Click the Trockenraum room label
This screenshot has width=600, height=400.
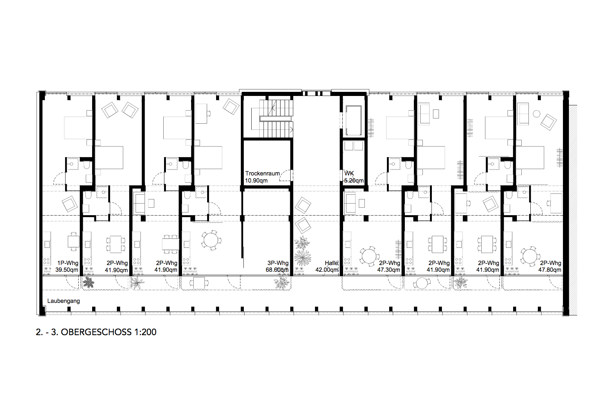pyautogui.click(x=263, y=174)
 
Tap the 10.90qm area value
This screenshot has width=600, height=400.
pyautogui.click(x=256, y=181)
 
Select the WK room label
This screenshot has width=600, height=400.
pyautogui.click(x=349, y=174)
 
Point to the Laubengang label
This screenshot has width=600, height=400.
pyautogui.click(x=63, y=301)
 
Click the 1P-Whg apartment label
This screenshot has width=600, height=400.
pyautogui.click(x=68, y=263)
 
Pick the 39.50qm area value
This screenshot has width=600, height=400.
pyautogui.click(x=67, y=270)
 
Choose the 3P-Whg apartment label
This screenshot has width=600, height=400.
pyautogui.click(x=278, y=263)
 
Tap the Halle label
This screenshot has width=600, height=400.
pyautogui.click(x=331, y=263)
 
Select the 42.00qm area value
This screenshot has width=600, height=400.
pyautogui.click(x=327, y=270)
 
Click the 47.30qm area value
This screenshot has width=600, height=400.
pyautogui.click(x=389, y=270)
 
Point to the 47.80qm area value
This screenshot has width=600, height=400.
pyautogui.click(x=550, y=270)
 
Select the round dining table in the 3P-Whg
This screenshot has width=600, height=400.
pyautogui.click(x=211, y=240)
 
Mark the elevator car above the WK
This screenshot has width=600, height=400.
pyautogui.click(x=354, y=120)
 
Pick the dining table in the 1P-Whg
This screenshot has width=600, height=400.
pyautogui.click(x=73, y=241)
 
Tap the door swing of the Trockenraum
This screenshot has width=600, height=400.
pyautogui.click(x=285, y=175)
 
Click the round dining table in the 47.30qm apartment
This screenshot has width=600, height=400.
pyautogui.click(x=369, y=256)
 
